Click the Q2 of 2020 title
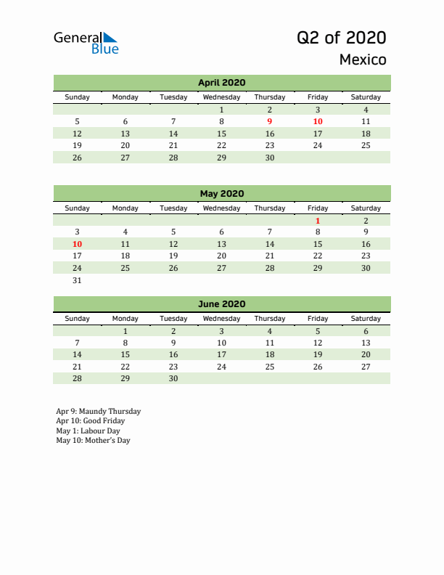[x=341, y=38]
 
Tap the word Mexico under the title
[x=363, y=60]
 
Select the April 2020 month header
[x=221, y=83]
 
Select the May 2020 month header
[x=221, y=193]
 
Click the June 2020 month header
[x=221, y=304]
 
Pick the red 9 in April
[x=270, y=121]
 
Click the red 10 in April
[x=318, y=121]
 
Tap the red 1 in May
[x=318, y=221]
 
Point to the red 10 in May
[x=78, y=244]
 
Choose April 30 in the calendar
[x=270, y=157]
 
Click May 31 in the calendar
[x=78, y=280]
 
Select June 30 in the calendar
[x=173, y=378]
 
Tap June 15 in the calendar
[x=126, y=354]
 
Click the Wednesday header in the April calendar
[x=221, y=97]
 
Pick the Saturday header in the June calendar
[x=366, y=318]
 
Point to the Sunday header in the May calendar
[x=78, y=208]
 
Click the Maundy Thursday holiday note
[x=99, y=411]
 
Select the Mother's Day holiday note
[x=93, y=440]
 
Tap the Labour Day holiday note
[x=88, y=431]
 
